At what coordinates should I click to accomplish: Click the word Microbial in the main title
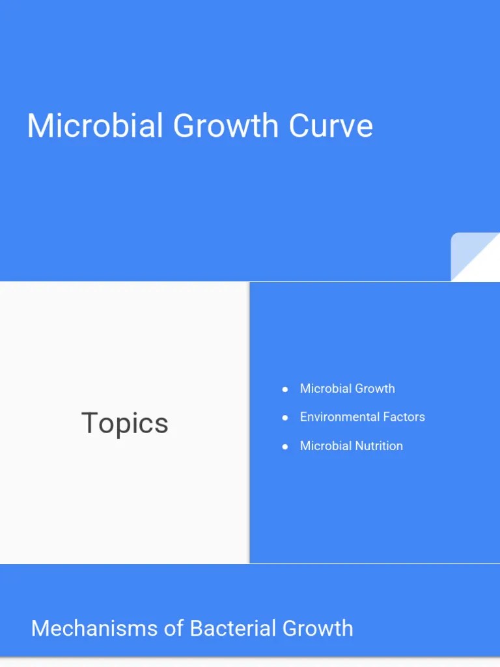click(x=95, y=126)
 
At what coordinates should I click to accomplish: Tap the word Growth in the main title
click(x=226, y=126)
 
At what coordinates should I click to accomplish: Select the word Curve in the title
click(x=331, y=126)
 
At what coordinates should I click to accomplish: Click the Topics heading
click(x=124, y=423)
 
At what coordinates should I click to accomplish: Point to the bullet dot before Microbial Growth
click(x=285, y=389)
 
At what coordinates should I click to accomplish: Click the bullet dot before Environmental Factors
click(x=285, y=418)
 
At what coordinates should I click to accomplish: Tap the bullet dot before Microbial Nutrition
click(x=285, y=446)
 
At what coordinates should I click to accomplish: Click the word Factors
click(x=405, y=417)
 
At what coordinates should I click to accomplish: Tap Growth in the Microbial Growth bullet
click(x=374, y=388)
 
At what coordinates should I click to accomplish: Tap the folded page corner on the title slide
click(x=475, y=257)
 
